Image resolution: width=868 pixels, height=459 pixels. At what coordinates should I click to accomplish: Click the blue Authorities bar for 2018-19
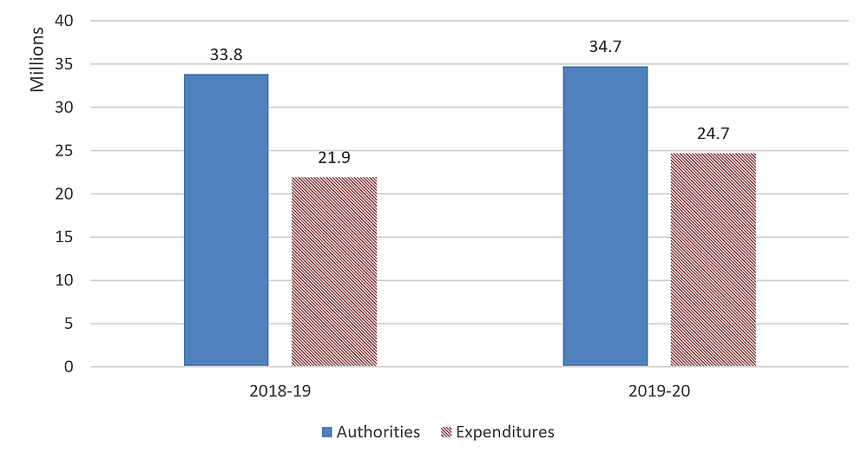226,220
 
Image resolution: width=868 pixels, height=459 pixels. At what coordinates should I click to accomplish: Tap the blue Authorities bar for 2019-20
605,216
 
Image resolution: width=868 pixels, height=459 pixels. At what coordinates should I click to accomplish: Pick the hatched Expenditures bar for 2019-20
713,259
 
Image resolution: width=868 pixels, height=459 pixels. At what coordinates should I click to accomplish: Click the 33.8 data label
226,55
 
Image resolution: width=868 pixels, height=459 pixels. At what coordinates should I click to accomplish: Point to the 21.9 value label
334,158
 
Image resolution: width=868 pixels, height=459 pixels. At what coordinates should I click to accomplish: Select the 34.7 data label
605,47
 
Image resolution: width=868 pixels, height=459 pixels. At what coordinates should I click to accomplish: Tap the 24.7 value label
713,134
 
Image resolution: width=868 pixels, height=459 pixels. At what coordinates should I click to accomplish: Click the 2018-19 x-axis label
279,391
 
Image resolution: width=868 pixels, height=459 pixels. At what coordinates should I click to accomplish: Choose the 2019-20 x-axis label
659,391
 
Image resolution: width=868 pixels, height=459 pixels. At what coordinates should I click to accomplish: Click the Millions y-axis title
37,60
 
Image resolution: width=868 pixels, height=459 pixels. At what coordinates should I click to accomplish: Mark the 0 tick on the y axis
69,367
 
